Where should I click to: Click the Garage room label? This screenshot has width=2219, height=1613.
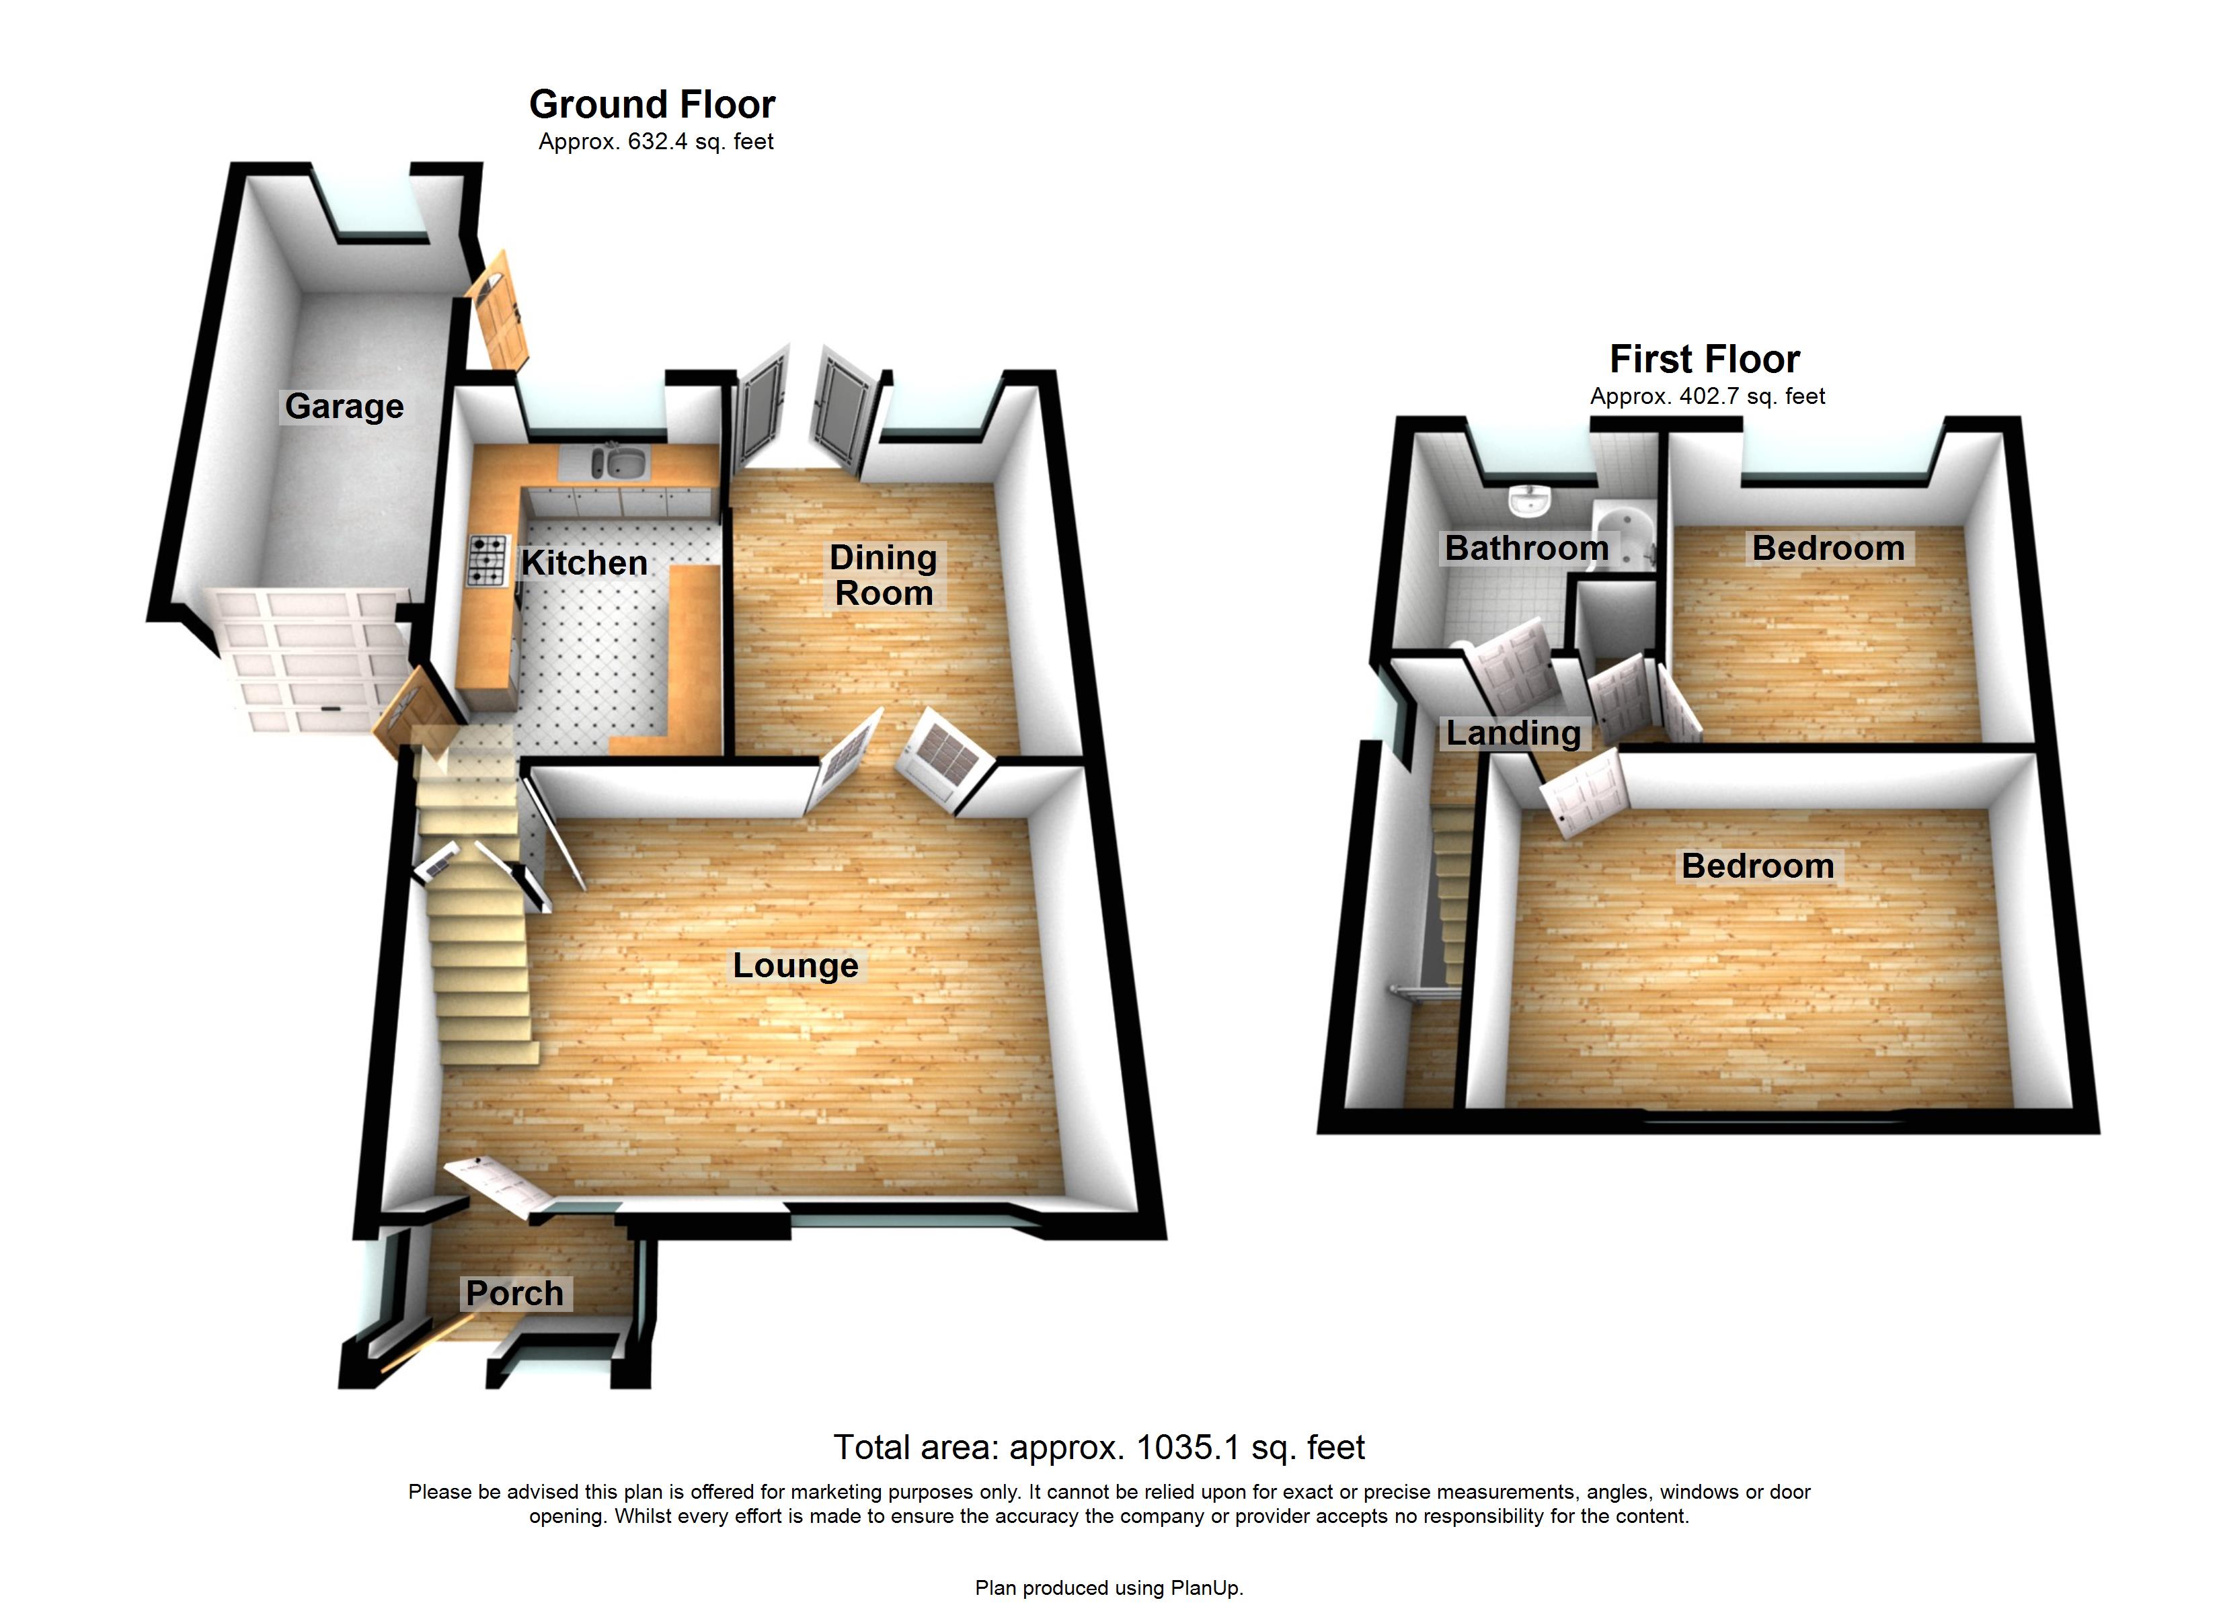[344, 406]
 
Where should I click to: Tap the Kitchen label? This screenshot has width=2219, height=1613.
[584, 563]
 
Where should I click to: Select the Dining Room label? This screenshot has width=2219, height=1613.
[884, 575]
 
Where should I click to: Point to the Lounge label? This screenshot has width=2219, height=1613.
[795, 966]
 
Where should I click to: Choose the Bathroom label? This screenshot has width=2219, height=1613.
[1526, 548]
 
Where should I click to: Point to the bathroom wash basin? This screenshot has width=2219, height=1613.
[1528, 501]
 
